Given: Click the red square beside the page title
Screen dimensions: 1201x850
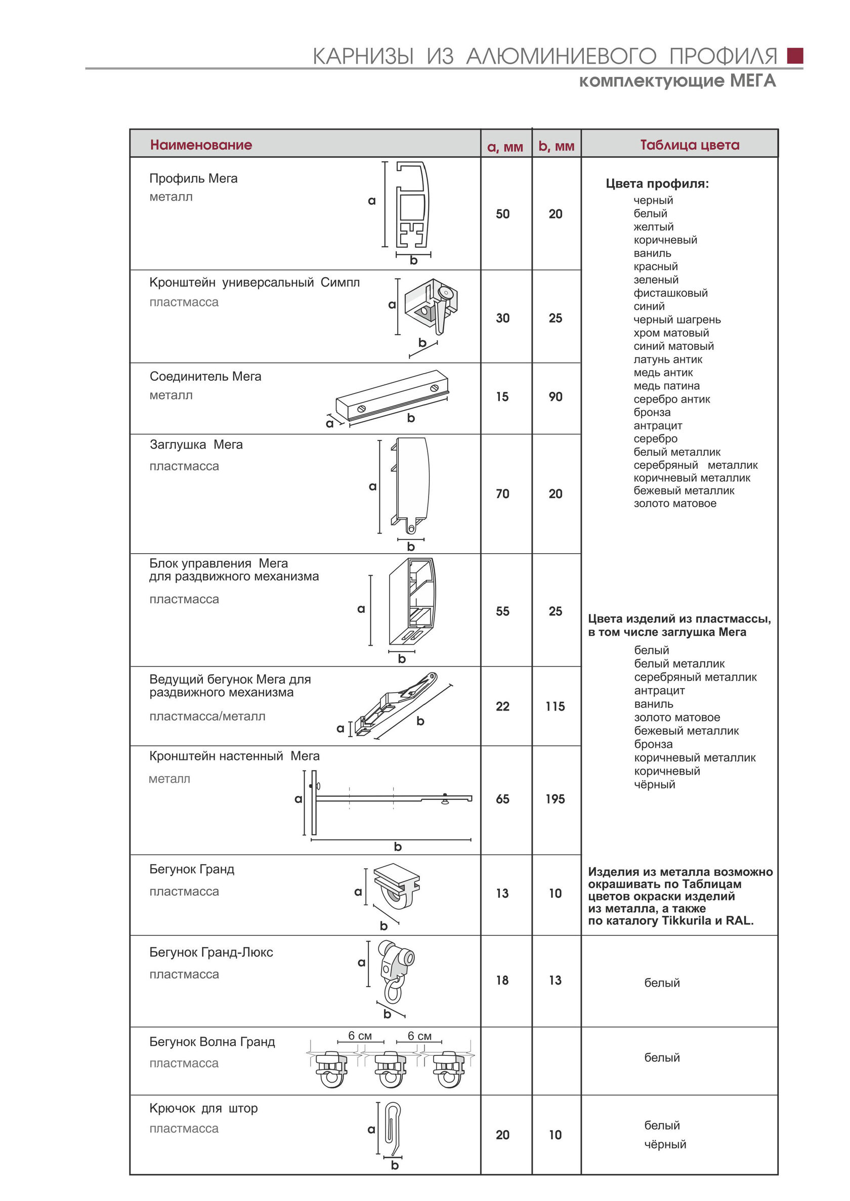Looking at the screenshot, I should tap(794, 56).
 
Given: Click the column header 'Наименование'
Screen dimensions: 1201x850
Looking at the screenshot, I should tap(201, 145).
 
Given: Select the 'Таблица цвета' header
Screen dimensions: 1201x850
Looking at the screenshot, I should tap(689, 145).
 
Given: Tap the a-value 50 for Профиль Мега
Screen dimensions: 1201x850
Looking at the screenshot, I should tap(502, 214).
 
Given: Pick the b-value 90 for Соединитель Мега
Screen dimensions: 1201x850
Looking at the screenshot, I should tap(556, 396).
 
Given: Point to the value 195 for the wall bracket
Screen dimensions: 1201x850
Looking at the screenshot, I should tap(556, 799).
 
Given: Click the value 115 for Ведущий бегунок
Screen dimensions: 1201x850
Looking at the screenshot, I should tap(556, 706).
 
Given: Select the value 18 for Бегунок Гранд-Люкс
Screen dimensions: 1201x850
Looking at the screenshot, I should tap(502, 980).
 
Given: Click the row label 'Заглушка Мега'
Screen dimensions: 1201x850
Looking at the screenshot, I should tap(196, 444).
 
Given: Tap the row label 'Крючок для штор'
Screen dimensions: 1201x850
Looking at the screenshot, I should tap(203, 1108).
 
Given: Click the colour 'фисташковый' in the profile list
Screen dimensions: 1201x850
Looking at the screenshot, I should tap(670, 293).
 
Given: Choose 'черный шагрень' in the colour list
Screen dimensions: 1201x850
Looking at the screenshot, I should tap(677, 320).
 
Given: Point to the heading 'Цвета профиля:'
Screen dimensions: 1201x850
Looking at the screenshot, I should tap(657, 184).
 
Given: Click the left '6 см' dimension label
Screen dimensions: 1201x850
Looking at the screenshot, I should tap(360, 1036).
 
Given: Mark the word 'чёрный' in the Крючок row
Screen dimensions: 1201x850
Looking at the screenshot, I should tap(665, 1144).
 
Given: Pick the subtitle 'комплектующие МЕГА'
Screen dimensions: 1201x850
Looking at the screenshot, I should tap(677, 81).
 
